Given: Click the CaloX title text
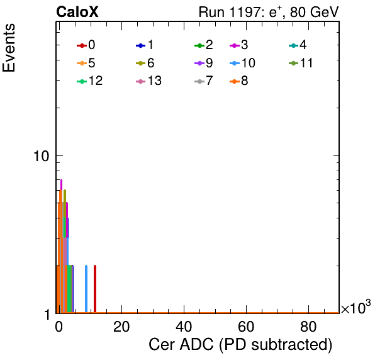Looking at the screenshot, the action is click(x=77, y=12).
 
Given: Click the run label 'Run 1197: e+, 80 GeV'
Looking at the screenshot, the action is click(x=269, y=12).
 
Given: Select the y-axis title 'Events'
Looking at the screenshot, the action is click(x=9, y=48).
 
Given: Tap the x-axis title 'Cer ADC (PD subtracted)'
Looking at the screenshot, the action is click(x=240, y=344).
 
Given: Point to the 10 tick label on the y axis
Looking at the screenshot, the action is click(x=41, y=156).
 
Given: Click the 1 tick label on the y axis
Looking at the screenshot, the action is click(x=47, y=314).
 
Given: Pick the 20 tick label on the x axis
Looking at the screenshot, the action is click(x=121, y=326).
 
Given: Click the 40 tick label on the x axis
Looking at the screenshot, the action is click(x=184, y=326).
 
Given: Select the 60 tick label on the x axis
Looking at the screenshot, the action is click(x=246, y=326).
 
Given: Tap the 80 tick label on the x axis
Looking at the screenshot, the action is click(x=308, y=326).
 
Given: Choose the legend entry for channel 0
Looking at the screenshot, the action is click(x=86, y=45).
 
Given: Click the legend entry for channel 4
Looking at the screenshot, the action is click(x=298, y=45).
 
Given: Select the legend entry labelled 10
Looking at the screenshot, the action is click(x=242, y=63).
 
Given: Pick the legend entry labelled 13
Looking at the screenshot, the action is click(x=148, y=81).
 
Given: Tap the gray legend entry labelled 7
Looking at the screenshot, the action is click(x=204, y=81).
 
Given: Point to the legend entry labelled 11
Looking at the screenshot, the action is click(x=301, y=63).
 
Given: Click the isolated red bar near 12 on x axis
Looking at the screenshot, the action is click(x=95, y=289).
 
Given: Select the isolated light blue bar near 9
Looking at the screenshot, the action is click(x=86, y=289).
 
